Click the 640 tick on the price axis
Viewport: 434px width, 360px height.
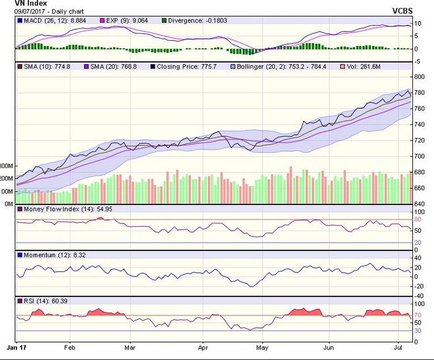(x=420, y=204)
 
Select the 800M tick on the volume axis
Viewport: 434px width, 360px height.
(x=6, y=166)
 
